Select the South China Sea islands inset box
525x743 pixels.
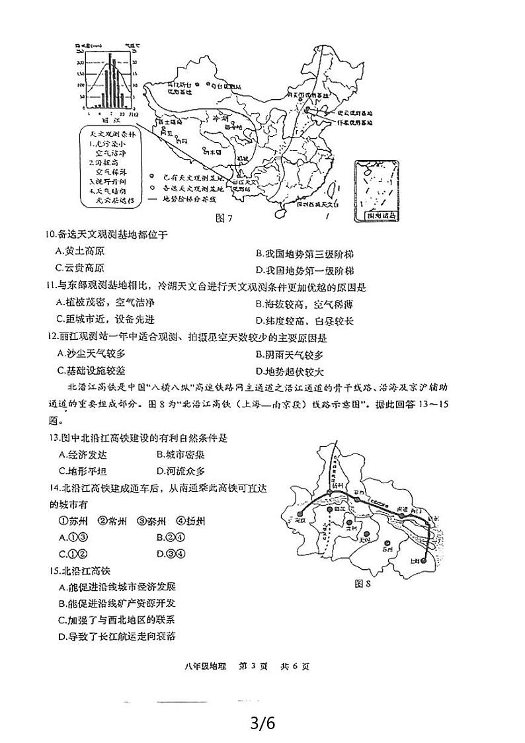coord(379,189)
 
